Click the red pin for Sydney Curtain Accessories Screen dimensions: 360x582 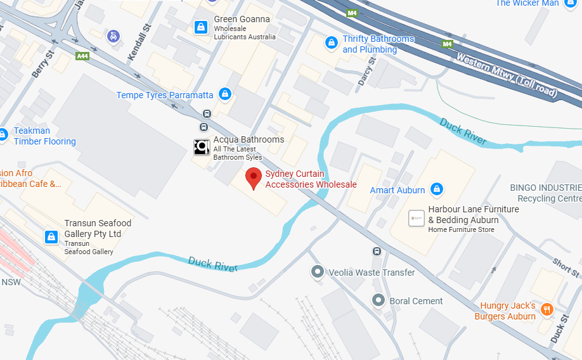(254, 177)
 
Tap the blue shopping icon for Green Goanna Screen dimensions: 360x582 (200, 27)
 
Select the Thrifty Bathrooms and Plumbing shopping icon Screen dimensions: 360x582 (330, 42)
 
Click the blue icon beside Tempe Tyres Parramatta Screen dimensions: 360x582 (224, 94)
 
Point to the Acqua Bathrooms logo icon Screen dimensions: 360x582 (202, 147)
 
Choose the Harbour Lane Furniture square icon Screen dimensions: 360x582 (417, 218)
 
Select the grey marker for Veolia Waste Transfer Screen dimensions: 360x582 (317, 272)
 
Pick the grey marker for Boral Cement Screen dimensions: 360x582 (378, 300)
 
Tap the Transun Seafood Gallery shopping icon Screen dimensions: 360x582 (52, 237)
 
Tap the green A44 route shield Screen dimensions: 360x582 (82, 56)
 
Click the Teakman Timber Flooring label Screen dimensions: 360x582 (44, 136)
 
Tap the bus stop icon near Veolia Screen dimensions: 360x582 (377, 251)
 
